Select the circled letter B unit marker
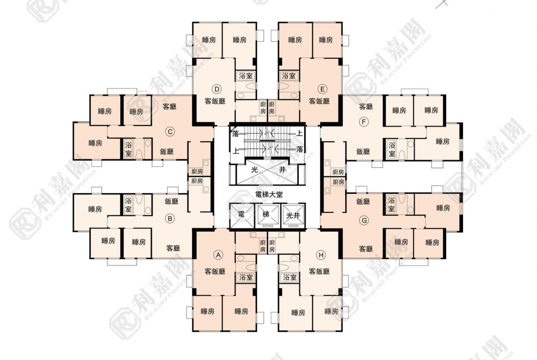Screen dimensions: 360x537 170,219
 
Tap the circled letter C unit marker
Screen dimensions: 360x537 170,132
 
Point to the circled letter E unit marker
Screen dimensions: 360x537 323,89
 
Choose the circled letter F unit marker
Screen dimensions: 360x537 364,122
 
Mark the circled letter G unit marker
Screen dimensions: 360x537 364,220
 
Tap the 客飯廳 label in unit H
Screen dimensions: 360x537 319,271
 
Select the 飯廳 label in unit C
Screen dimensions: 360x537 167,151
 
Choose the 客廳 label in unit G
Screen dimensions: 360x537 366,249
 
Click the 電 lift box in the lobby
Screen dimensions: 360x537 241,215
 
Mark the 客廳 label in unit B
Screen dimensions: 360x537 173,249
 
